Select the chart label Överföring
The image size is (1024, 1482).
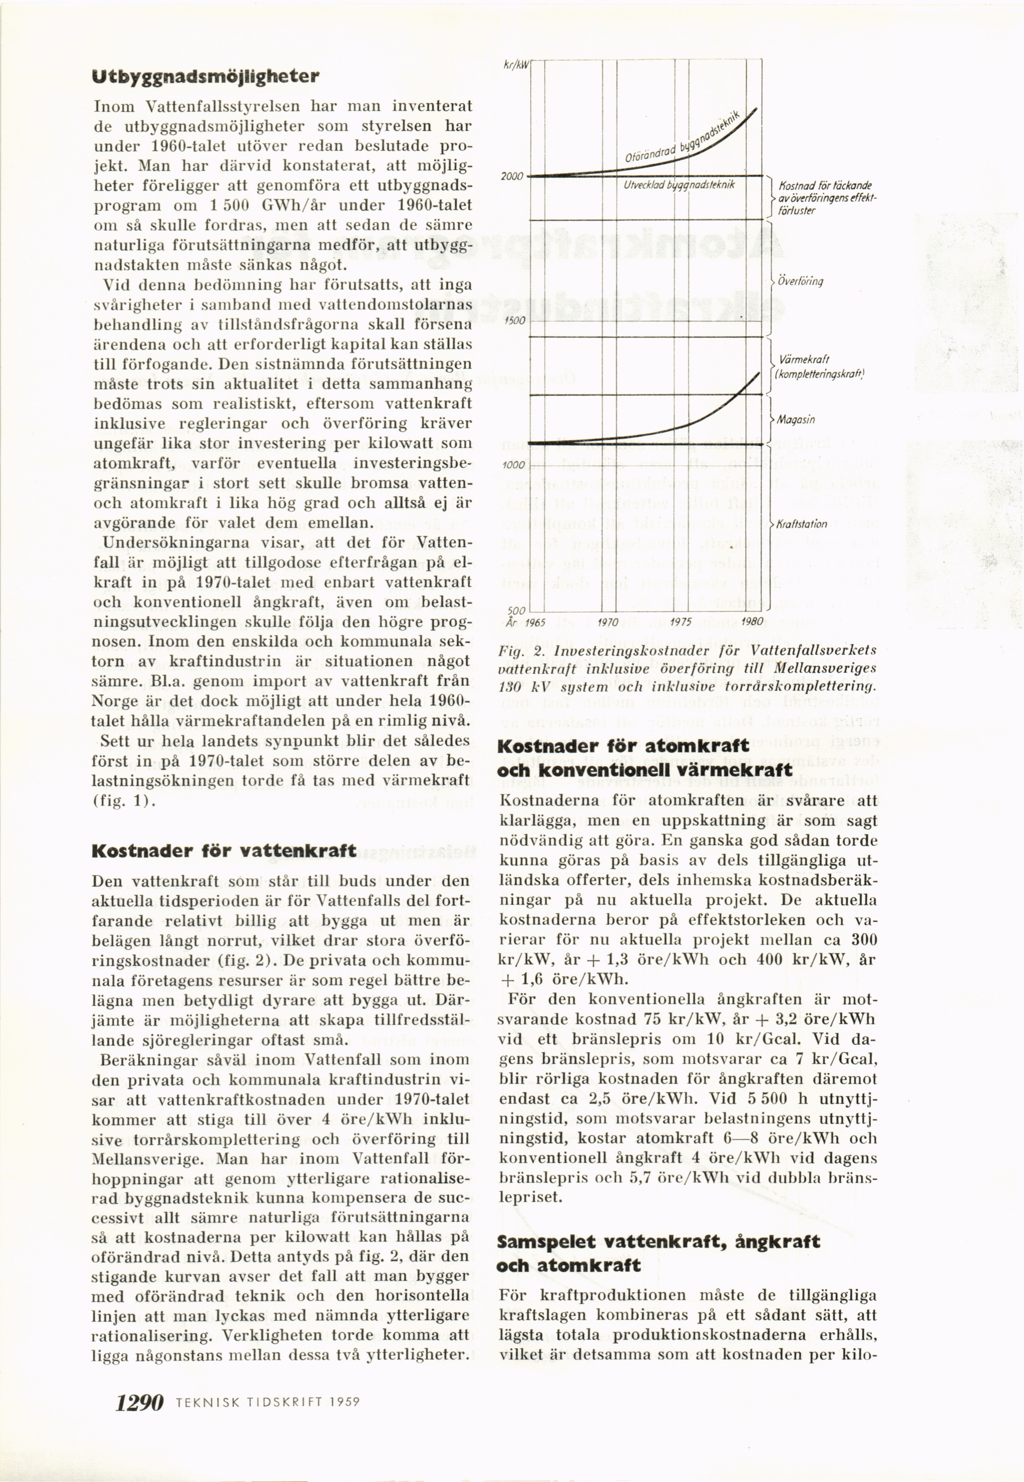click(x=800, y=281)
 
